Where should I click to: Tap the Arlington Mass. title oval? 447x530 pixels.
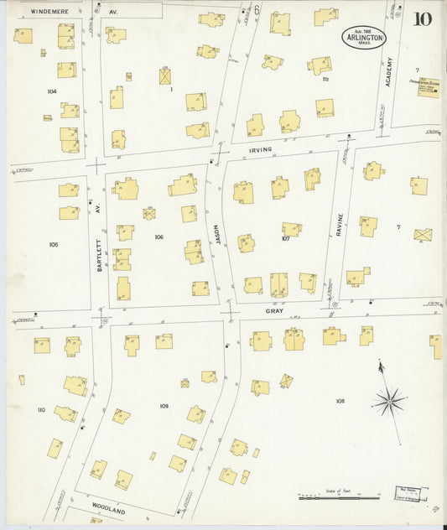364,38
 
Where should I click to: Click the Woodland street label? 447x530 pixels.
108,510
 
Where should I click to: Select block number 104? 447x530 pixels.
51,90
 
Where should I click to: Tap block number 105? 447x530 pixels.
53,245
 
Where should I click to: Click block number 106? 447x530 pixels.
159,237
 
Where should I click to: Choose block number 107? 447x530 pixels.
285,238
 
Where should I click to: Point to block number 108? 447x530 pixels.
340,401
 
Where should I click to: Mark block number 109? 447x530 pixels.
164,406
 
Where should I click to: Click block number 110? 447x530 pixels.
41,409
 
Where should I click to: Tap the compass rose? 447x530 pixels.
389,401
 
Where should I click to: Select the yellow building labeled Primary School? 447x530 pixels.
428,86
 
